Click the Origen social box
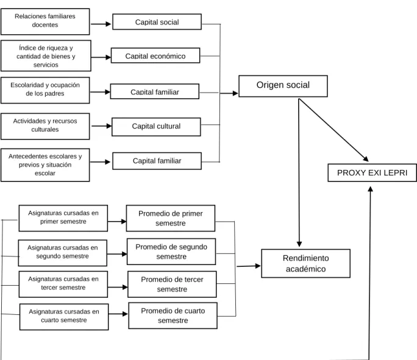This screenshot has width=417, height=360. [x=283, y=86]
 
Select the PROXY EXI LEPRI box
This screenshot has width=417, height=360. [x=372, y=173]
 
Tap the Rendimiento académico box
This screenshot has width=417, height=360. [x=306, y=263]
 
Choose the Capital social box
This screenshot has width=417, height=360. [x=157, y=22]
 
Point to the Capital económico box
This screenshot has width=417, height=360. [x=155, y=55]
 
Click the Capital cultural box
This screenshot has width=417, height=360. [x=156, y=127]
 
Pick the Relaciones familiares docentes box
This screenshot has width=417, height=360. [x=45, y=21]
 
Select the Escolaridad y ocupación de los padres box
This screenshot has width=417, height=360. [x=45, y=90]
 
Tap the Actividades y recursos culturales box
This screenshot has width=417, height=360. [x=45, y=126]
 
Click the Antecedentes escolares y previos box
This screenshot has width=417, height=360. [x=45, y=165]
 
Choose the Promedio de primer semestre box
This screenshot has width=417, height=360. [x=171, y=218]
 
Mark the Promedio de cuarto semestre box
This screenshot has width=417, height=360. [x=173, y=316]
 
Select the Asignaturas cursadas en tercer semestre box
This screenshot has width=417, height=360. [x=63, y=284]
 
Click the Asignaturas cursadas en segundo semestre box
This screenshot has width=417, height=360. [x=63, y=253]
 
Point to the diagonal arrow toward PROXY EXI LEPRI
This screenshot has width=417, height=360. [x=333, y=130]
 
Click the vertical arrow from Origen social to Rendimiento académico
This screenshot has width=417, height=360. [x=299, y=173]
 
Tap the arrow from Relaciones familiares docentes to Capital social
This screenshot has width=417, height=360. [x=101, y=24]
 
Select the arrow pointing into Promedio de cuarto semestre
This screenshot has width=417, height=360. [x=118, y=314]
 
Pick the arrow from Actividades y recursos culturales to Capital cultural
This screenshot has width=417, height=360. [x=102, y=126]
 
